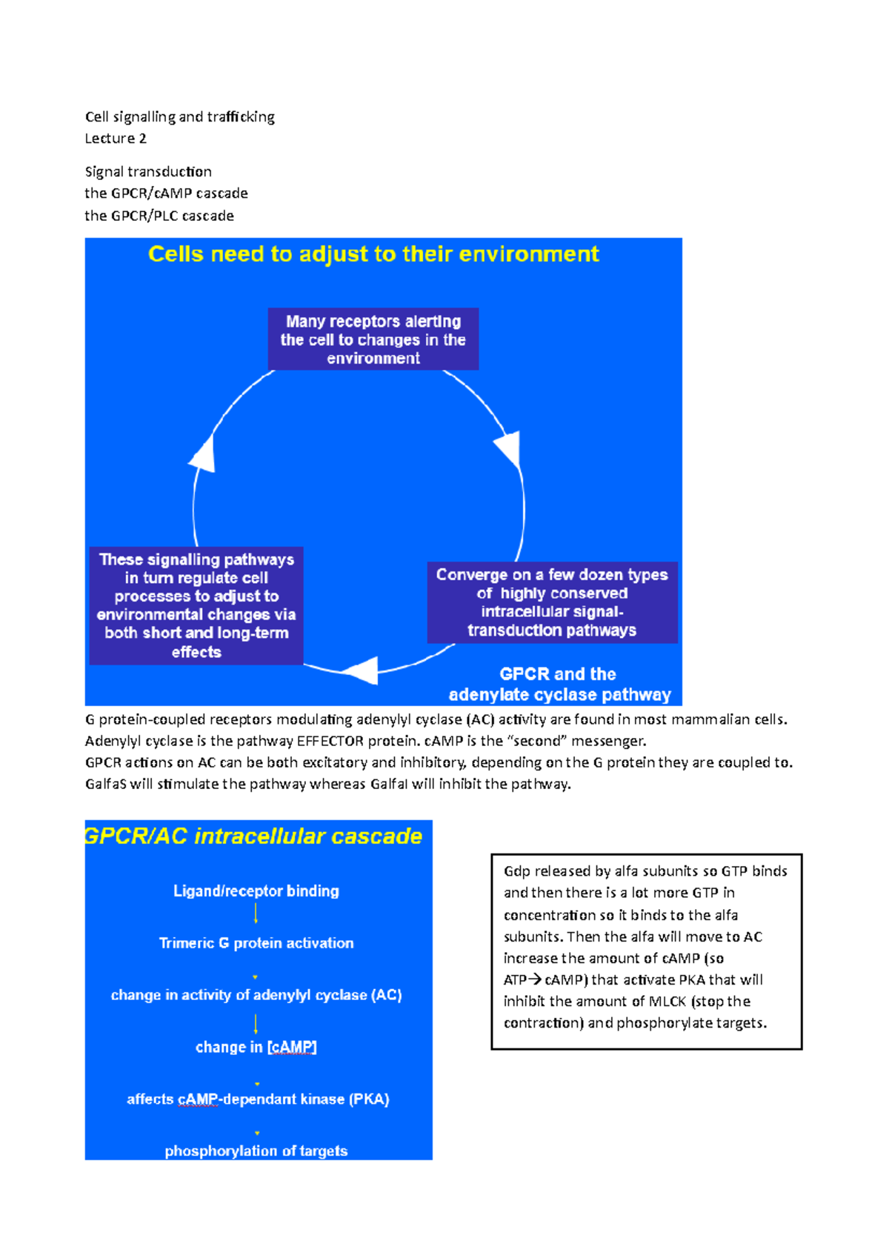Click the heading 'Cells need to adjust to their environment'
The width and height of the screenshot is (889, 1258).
pyautogui.click(x=373, y=254)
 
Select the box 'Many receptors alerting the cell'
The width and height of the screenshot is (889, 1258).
pyautogui.click(x=373, y=339)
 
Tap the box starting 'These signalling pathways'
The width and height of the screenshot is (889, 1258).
pyautogui.click(x=196, y=605)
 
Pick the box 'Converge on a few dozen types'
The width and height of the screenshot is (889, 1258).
pyautogui.click(x=552, y=602)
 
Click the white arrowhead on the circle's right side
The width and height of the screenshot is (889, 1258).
pyautogui.click(x=508, y=448)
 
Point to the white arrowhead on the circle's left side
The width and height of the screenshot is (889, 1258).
pyautogui.click(x=203, y=453)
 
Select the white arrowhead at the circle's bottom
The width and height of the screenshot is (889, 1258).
pyautogui.click(x=363, y=670)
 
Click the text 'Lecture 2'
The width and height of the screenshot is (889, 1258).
pyautogui.click(x=116, y=139)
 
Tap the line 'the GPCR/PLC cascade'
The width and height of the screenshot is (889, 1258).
pyautogui.click(x=159, y=216)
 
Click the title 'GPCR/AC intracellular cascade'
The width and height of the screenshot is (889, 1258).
pyautogui.click(x=253, y=836)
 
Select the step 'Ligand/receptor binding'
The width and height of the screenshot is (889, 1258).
pyautogui.click(x=256, y=891)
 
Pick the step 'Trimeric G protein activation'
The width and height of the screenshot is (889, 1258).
pyautogui.click(x=256, y=943)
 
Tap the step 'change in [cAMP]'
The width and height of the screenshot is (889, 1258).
pyautogui.click(x=256, y=1047)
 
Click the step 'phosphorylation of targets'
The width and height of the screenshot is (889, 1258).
pyautogui.click(x=256, y=1151)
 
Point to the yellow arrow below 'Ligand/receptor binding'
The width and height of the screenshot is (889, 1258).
pyautogui.click(x=256, y=913)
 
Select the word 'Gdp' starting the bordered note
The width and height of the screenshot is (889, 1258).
pyautogui.click(x=517, y=871)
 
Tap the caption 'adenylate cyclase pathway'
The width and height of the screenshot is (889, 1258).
pyautogui.click(x=559, y=695)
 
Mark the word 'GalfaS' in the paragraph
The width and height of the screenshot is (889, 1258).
pyautogui.click(x=107, y=784)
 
